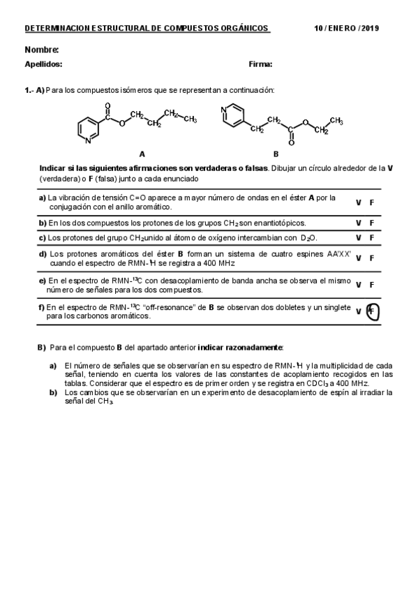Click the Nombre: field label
click(42, 50)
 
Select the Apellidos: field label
click(43, 64)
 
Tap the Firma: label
click(260, 64)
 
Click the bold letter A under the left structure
click(142, 154)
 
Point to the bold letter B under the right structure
click(276, 154)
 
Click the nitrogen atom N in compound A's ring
click(88, 141)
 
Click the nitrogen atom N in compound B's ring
click(223, 110)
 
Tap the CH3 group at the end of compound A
click(191, 119)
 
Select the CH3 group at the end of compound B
click(336, 121)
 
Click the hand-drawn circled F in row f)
click(373, 311)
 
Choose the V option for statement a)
click(358, 202)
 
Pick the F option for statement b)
click(372, 223)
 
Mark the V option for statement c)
click(358, 238)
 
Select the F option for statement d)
click(372, 258)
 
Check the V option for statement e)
click(358, 285)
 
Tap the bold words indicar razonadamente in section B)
click(241, 347)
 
